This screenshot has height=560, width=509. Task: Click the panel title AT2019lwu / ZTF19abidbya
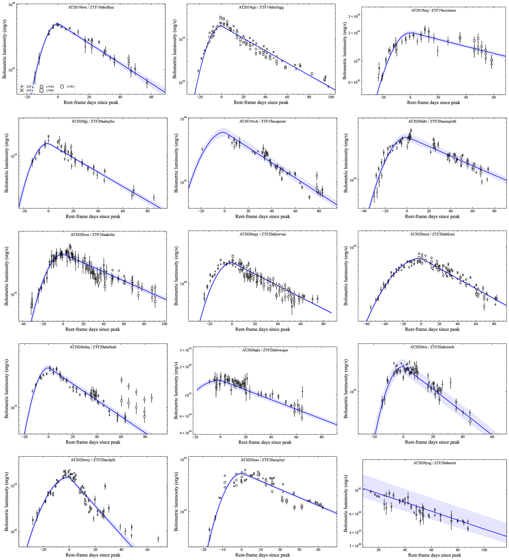(x=91, y=7)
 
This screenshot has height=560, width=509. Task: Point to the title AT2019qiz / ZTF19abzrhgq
(x=261, y=7)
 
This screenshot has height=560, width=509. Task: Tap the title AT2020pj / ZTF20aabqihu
(x=93, y=121)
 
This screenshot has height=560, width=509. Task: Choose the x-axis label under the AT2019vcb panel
(x=262, y=216)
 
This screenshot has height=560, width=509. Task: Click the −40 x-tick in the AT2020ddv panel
(x=363, y=211)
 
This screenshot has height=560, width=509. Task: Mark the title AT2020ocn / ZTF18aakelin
(x=93, y=235)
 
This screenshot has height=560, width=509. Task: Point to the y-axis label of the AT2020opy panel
(x=176, y=276)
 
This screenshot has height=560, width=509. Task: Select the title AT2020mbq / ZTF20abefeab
(x=93, y=347)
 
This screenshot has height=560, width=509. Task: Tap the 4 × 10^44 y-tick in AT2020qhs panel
(x=184, y=433)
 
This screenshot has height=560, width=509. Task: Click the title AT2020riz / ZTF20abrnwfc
(x=432, y=347)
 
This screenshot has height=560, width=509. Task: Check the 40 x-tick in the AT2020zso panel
(x=318, y=550)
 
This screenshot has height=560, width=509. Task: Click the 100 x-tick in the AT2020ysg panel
(x=484, y=550)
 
